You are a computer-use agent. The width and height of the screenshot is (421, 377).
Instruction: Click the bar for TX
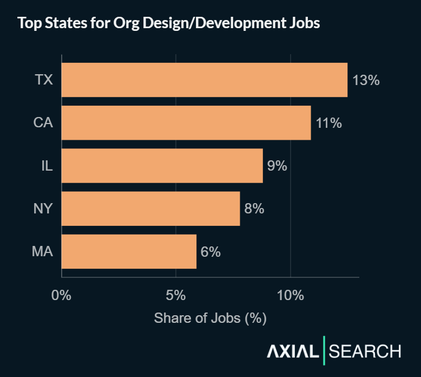point(204,80)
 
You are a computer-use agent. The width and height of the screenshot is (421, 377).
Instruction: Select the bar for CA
point(186,123)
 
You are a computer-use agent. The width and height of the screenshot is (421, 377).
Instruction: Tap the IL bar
point(162,166)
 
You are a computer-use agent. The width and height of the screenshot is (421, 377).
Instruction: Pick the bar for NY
point(150,209)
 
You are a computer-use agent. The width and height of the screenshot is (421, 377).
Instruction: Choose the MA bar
point(129,251)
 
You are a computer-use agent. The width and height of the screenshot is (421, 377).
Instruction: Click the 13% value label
point(366,80)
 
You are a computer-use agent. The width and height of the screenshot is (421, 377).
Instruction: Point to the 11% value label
point(329,123)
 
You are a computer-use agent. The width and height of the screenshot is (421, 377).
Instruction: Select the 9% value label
point(277,166)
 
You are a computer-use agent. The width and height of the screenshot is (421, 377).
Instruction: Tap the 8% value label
point(254,209)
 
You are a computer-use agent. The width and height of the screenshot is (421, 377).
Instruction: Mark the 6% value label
point(210,251)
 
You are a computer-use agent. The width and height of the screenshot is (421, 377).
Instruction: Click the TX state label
point(44,80)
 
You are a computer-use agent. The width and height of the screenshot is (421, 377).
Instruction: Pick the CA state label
point(43,123)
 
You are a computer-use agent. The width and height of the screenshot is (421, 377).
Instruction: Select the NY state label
point(43,209)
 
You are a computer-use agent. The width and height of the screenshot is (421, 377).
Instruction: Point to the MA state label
point(42,251)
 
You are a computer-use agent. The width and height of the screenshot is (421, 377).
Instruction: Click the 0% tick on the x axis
point(61,296)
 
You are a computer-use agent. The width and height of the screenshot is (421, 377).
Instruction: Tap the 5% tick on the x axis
point(176,296)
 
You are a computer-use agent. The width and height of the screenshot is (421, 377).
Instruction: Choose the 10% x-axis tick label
point(291,296)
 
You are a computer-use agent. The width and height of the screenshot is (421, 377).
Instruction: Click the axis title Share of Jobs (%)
point(210,318)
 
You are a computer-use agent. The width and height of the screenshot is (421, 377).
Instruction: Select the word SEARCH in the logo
point(365,351)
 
